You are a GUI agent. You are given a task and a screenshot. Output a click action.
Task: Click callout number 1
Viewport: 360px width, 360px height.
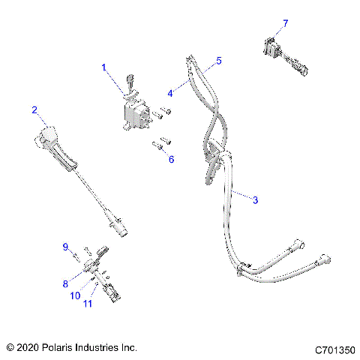[x=104, y=68]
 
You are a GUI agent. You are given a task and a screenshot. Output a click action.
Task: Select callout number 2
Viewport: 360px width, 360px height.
[x=34, y=110]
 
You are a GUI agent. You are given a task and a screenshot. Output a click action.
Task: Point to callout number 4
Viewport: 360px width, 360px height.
[x=170, y=93]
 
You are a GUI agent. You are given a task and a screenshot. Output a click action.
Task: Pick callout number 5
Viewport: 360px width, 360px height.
[x=218, y=59]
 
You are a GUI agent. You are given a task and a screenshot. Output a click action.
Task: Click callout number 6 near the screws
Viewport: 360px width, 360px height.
[x=171, y=159]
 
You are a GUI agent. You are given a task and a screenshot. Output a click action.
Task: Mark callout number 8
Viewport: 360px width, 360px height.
[x=65, y=283]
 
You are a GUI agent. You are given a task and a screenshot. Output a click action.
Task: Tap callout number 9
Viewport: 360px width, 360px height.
[x=65, y=247]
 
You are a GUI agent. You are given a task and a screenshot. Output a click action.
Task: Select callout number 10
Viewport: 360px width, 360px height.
[x=75, y=296]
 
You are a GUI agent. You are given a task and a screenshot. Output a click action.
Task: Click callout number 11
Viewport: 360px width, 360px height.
[x=88, y=303]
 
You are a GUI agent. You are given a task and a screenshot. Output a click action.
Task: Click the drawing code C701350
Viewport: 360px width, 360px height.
[x=335, y=349]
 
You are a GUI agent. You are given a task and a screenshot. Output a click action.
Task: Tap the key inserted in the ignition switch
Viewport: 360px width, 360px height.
[x=130, y=79]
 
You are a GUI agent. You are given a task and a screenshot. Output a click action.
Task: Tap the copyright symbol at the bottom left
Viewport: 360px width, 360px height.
[x=10, y=348]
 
